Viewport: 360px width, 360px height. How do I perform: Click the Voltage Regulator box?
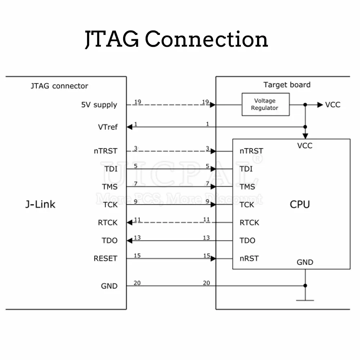265,105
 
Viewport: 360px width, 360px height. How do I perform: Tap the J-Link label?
40,204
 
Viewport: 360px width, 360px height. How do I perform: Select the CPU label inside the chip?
300,204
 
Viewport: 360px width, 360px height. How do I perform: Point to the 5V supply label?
99,105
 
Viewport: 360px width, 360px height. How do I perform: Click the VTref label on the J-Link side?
108,127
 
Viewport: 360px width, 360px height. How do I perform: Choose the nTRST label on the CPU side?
251,151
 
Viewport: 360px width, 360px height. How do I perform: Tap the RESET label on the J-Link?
105,258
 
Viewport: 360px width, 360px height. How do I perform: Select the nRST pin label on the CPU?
249,258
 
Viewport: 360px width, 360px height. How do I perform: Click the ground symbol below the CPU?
305,300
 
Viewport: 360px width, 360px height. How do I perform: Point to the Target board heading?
287,85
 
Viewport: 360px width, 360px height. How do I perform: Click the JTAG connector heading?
59,86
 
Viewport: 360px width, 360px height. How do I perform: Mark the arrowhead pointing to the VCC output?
320,105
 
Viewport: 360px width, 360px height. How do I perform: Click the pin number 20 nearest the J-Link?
137,283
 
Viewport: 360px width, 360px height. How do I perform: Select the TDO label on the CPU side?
247,240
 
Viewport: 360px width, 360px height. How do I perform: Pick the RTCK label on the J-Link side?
108,223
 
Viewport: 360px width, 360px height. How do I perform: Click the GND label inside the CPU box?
305,262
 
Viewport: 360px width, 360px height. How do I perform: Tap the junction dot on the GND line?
305,286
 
